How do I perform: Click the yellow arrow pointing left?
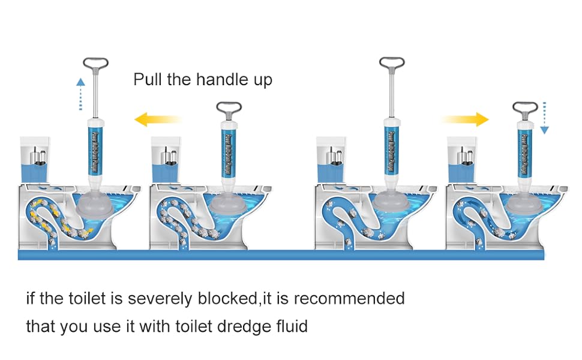point(157,119)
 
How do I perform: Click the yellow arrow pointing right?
point(464,119)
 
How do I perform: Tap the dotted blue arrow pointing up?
point(80,93)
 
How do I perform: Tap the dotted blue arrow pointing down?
point(544,118)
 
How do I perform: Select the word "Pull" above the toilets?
point(147,80)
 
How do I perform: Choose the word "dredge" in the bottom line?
point(239,327)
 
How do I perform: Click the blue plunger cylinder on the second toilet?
point(229,153)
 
